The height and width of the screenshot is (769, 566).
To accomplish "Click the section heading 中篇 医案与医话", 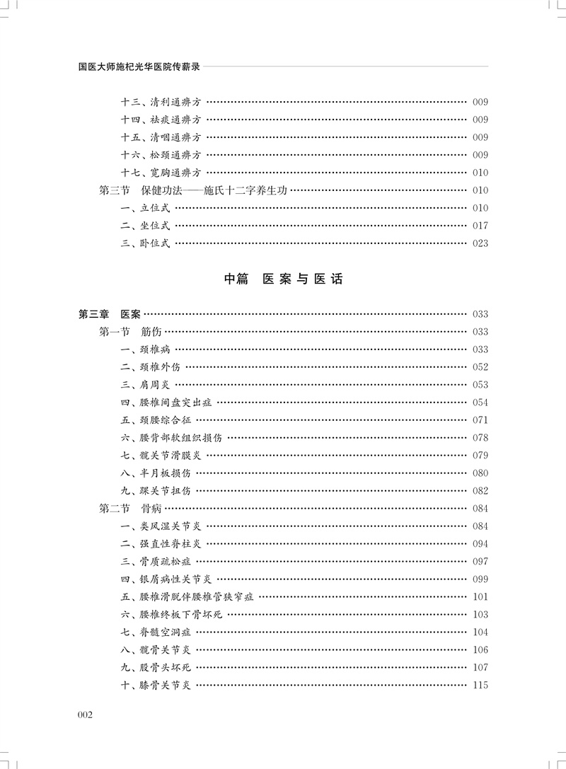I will [x=283, y=279].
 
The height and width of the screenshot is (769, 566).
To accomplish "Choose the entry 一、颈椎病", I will [x=145, y=349].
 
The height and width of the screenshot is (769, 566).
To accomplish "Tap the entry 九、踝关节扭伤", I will [x=156, y=491].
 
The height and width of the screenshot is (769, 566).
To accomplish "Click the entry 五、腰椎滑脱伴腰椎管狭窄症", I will [x=187, y=597].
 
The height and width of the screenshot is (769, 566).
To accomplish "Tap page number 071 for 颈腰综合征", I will [x=480, y=420].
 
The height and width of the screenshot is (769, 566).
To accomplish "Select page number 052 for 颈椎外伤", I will [x=480, y=367].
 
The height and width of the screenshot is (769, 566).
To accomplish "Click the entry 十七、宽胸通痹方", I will [x=161, y=173].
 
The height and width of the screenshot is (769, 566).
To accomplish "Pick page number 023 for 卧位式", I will [x=480, y=243].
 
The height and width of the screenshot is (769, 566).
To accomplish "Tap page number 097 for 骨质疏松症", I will [x=480, y=562].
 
